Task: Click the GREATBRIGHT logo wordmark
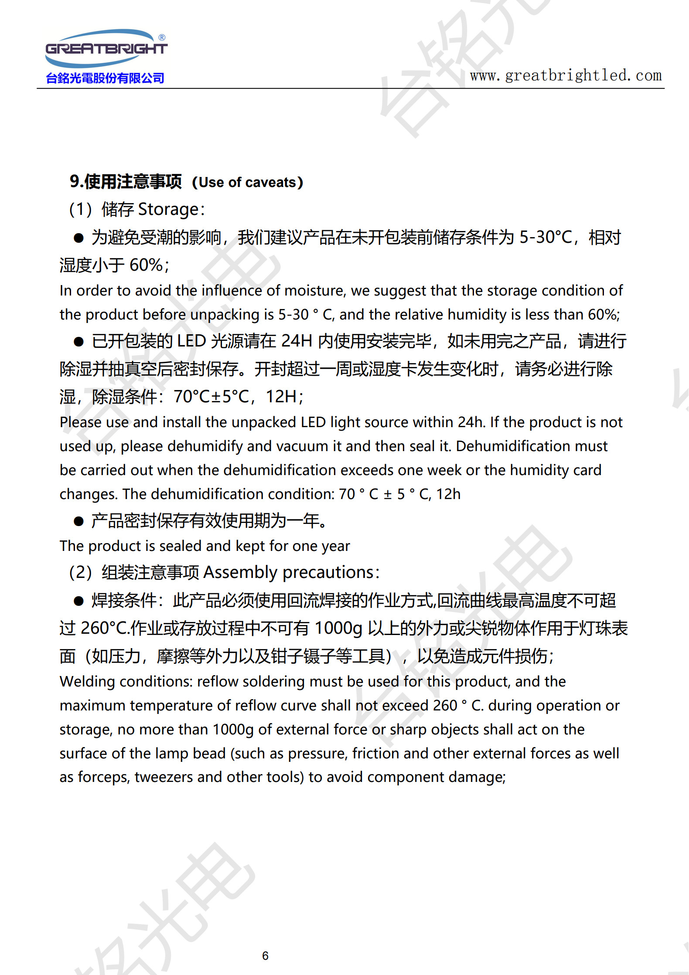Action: pos(106,48)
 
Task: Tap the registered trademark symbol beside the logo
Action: pos(162,37)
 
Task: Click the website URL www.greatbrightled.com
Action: pos(566,75)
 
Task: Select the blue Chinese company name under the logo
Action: pos(105,78)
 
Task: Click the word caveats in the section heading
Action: pos(271,182)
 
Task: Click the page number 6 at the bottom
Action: pos(265,955)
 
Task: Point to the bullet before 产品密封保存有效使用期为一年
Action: pos(78,521)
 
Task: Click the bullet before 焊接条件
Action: pos(78,601)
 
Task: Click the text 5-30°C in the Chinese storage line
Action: pos(546,238)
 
